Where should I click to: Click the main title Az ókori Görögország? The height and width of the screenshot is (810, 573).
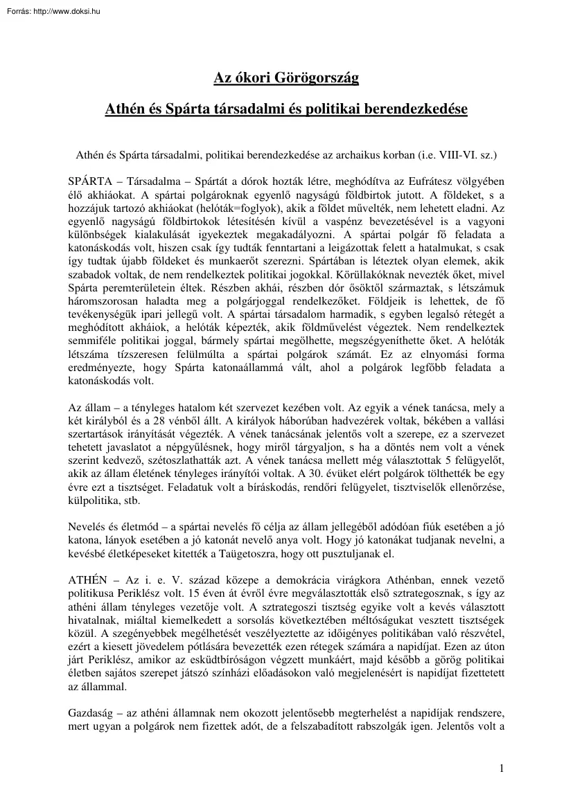pyautogui.click(x=285, y=78)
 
